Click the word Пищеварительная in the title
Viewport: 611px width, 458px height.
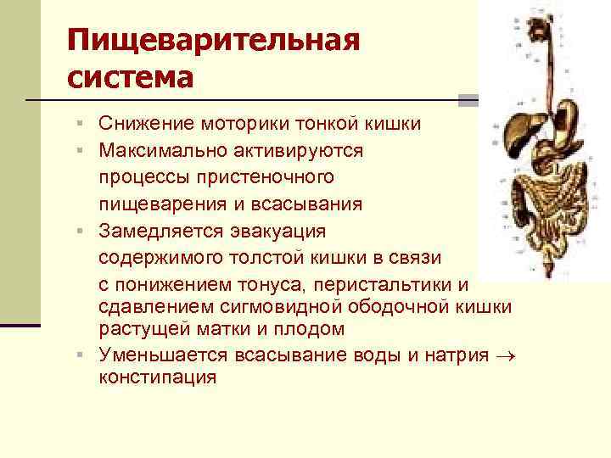(213, 41)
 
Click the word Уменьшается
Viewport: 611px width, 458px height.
(159, 355)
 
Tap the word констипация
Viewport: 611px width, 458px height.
(157, 377)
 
